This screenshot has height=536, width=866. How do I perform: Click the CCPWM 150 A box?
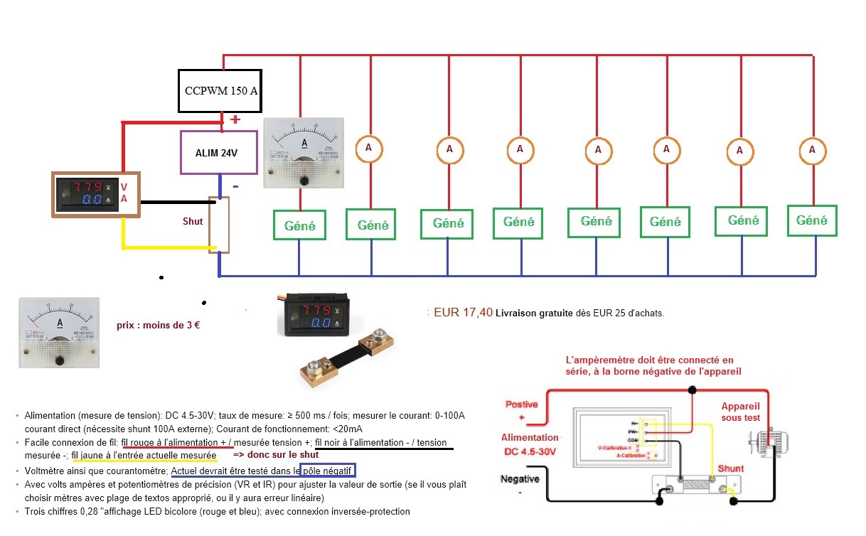coord(220,90)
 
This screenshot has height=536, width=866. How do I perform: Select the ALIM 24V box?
coord(218,152)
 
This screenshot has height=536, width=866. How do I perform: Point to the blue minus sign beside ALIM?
coord(235,186)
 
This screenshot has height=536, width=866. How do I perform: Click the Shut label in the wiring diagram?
coord(193,221)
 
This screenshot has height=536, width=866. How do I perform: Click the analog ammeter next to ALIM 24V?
coord(304,153)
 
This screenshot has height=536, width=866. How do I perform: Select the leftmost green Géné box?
coord(299,225)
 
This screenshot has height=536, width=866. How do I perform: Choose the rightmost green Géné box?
coord(812,220)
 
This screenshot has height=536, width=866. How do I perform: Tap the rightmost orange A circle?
coord(813,150)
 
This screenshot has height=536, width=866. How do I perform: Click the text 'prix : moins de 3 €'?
coord(159,326)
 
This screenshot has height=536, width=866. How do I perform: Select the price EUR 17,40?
coord(463,311)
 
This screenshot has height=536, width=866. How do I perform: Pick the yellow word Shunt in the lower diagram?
coord(730,468)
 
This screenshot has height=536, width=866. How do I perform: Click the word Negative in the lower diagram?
coord(520,479)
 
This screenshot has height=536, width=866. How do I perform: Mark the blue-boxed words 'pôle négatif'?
coord(328,471)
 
